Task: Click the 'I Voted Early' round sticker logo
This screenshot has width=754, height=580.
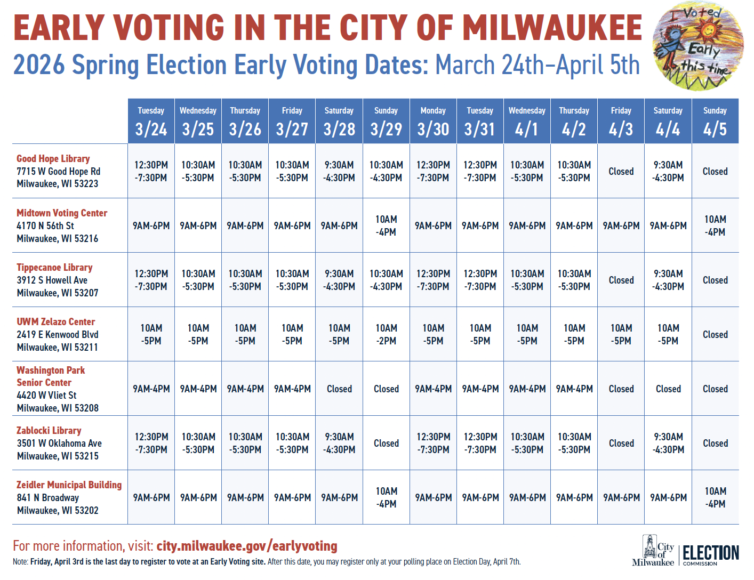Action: tap(698, 46)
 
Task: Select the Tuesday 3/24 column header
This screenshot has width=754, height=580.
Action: tap(151, 122)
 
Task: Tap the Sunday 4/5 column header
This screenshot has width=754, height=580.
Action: tap(715, 122)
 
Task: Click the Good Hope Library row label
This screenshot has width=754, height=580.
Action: tap(53, 158)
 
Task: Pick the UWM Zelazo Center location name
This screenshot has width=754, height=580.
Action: tap(55, 321)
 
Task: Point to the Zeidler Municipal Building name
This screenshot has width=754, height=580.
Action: tap(69, 485)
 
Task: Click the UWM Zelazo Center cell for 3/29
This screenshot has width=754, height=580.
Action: tap(386, 334)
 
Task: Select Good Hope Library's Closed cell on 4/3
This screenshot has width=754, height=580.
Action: tap(621, 171)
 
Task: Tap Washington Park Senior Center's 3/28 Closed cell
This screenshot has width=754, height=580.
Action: tap(339, 389)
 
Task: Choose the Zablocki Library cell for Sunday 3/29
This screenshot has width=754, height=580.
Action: tap(386, 443)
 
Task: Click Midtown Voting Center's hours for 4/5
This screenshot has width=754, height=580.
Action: tap(715, 225)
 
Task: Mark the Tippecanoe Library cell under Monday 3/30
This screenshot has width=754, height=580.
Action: tap(433, 280)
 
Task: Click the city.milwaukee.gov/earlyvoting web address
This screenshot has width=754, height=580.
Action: tap(247, 546)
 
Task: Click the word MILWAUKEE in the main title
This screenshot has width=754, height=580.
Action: tap(552, 28)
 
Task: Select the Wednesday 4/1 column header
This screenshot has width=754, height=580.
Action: tap(527, 122)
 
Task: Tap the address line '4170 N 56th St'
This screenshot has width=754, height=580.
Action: tap(45, 225)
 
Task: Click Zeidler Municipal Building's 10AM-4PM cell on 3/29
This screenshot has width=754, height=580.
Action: tap(386, 497)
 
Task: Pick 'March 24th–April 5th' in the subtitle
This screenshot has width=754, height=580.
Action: tap(537, 65)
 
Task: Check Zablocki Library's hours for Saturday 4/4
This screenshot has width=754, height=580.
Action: tap(668, 443)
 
